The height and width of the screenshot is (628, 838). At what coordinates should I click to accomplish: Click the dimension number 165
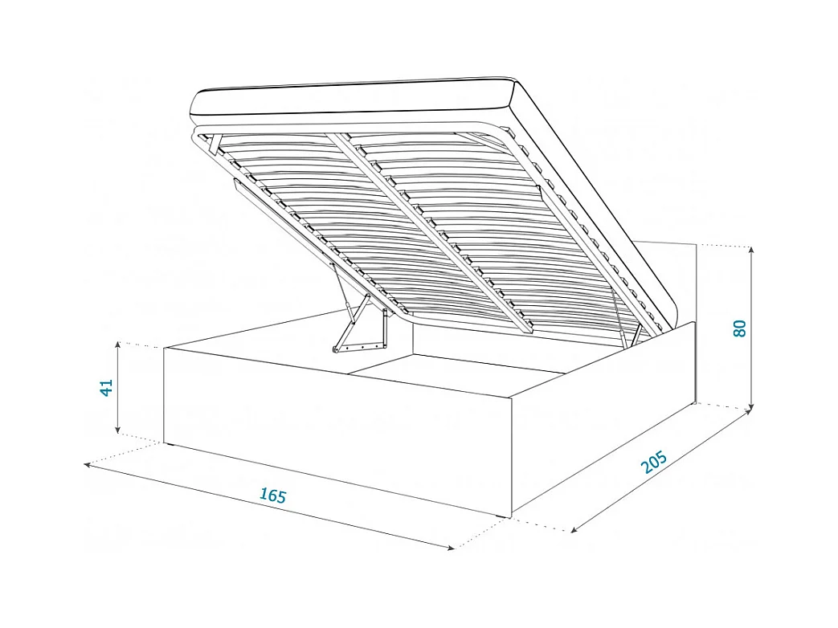pos(273,495)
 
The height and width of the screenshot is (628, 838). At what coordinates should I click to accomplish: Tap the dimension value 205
pos(655,463)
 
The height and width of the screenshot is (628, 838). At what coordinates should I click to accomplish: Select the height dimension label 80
pos(740,328)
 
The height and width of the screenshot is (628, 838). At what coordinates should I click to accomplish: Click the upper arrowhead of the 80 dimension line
pos(750,251)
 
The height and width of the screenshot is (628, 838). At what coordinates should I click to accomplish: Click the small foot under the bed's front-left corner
pos(170,443)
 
